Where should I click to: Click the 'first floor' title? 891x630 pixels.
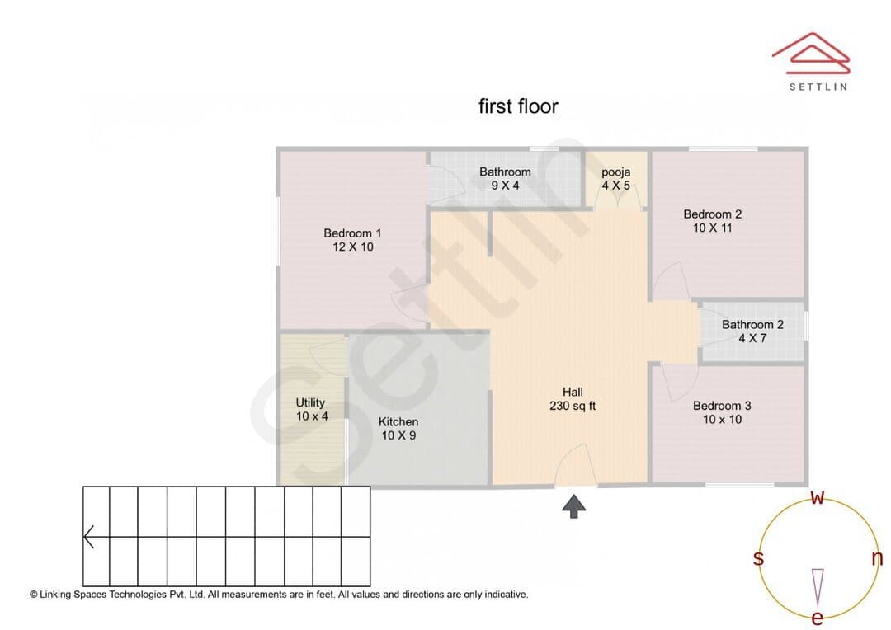518,106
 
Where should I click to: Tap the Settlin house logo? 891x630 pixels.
811,53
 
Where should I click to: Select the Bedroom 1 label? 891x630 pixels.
352,233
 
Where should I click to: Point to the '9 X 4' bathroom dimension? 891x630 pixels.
505,186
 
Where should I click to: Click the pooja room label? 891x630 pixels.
616,172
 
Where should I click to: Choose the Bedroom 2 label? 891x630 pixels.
713,214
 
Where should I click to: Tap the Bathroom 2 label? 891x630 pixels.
752,324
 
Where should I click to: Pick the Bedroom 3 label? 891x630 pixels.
722,406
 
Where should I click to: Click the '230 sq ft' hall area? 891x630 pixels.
573,406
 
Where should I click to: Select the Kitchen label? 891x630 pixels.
398,421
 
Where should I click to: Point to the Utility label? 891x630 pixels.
310,402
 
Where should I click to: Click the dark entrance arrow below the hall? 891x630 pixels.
574,506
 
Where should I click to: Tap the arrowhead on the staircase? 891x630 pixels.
88,537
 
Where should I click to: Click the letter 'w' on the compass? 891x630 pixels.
817,497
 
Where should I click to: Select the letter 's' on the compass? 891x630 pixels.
758,558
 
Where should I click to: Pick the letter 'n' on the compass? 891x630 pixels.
877,558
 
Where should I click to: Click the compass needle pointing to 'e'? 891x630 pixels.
818,587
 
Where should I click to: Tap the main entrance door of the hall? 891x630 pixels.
575,465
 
